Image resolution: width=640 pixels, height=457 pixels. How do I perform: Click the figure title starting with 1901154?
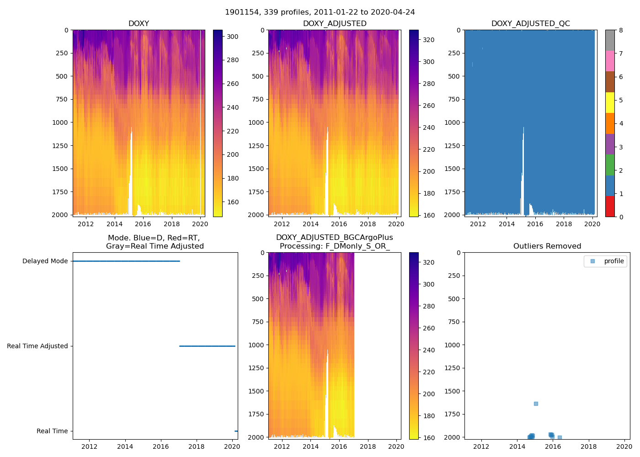click(x=320, y=12)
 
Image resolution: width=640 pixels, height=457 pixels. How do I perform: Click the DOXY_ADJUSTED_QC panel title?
click(x=530, y=24)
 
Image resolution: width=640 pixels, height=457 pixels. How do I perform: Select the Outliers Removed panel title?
click(x=547, y=246)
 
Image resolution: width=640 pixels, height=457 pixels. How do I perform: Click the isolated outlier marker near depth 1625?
click(x=536, y=404)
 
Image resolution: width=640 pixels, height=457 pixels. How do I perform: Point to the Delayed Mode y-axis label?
click(x=45, y=261)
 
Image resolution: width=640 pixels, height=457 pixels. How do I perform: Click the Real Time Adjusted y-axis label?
click(x=37, y=346)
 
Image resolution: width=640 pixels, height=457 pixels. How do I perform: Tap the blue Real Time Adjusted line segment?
click(x=207, y=346)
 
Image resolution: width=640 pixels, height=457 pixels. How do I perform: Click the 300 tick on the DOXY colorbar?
click(x=233, y=37)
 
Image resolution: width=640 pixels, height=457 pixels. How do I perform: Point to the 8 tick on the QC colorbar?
click(x=621, y=30)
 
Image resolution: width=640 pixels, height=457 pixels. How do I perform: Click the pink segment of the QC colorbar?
click(x=610, y=61)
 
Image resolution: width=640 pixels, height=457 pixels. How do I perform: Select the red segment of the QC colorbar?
click(x=610, y=206)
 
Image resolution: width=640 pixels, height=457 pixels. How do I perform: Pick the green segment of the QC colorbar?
click(x=610, y=165)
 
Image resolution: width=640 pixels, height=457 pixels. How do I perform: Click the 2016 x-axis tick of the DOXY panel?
click(x=143, y=224)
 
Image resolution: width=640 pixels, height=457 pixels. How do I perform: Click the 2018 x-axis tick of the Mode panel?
click(x=197, y=446)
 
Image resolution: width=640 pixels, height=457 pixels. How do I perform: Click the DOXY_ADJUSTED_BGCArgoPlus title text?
click(x=334, y=238)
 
